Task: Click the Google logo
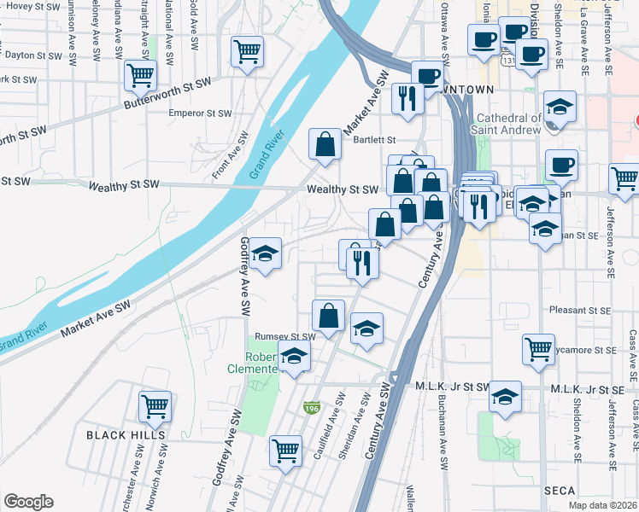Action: pyautogui.click(x=28, y=502)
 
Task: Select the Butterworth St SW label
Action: pyautogui.click(x=168, y=89)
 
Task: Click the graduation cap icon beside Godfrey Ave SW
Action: pyautogui.click(x=266, y=253)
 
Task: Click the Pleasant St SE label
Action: pyautogui.click(x=583, y=311)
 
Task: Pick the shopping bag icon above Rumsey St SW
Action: pyautogui.click(x=328, y=316)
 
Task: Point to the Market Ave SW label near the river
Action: pyautogui.click(x=95, y=317)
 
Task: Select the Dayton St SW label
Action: pyautogui.click(x=33, y=55)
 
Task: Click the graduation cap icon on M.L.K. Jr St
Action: pyautogui.click(x=506, y=397)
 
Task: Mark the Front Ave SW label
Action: pyautogui.click(x=231, y=154)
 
